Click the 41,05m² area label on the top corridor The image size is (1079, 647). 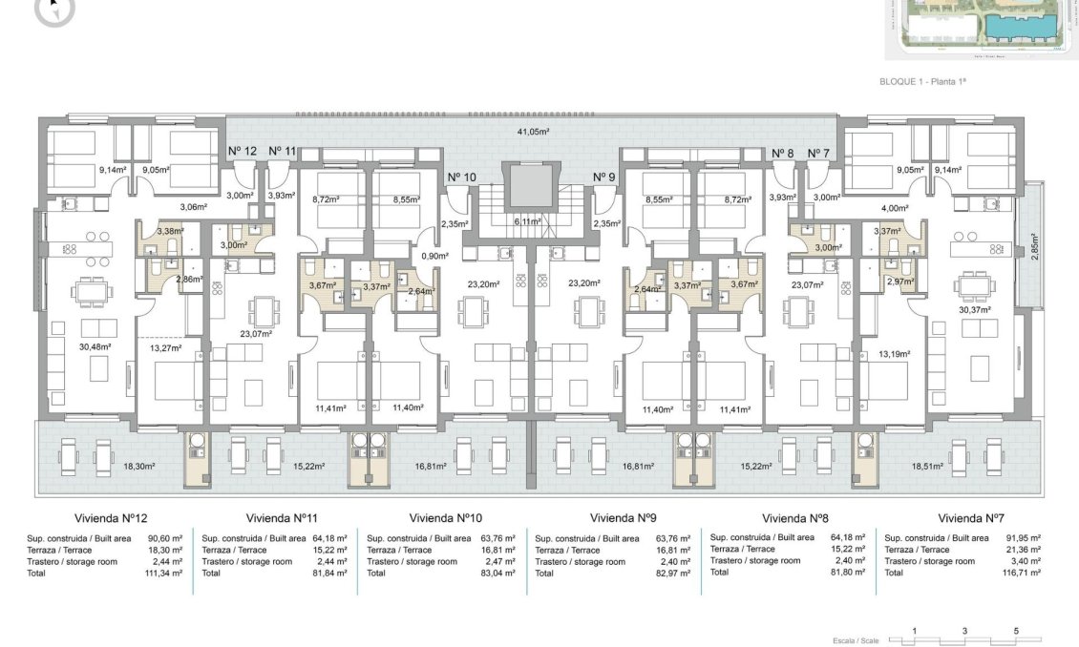coord(534,131)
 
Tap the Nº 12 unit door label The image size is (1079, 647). coord(243,152)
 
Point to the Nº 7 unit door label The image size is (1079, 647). coord(818,153)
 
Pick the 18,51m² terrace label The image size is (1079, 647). coord(928,466)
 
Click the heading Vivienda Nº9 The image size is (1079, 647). coord(623,518)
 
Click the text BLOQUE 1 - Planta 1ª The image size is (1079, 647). coord(923,83)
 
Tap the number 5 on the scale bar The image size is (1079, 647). coord(1016,631)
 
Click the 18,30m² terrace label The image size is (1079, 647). coord(139,467)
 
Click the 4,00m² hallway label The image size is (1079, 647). coord(892,207)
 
